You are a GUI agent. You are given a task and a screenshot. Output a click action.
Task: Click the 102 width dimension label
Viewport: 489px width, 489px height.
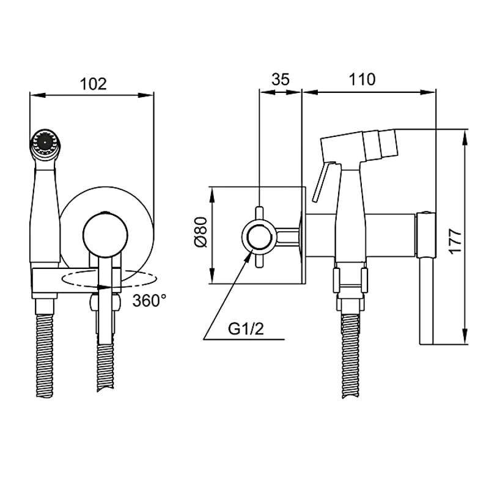pyautogui.click(x=93, y=84)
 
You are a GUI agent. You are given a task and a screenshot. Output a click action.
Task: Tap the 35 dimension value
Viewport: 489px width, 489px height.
pyautogui.click(x=281, y=79)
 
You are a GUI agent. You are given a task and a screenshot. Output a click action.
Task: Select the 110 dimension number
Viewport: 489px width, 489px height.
pyautogui.click(x=362, y=79)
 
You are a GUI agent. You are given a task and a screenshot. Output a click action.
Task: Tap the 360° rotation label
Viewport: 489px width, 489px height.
pyautogui.click(x=149, y=300)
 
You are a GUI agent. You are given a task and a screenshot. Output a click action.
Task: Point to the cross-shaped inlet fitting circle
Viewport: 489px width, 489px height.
pyautogui.click(x=260, y=236)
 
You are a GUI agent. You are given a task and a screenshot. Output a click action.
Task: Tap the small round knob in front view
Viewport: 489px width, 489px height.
pyautogui.click(x=105, y=235)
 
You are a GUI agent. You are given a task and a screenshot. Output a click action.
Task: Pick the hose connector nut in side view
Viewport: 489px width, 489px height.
pyautogui.click(x=349, y=281)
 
